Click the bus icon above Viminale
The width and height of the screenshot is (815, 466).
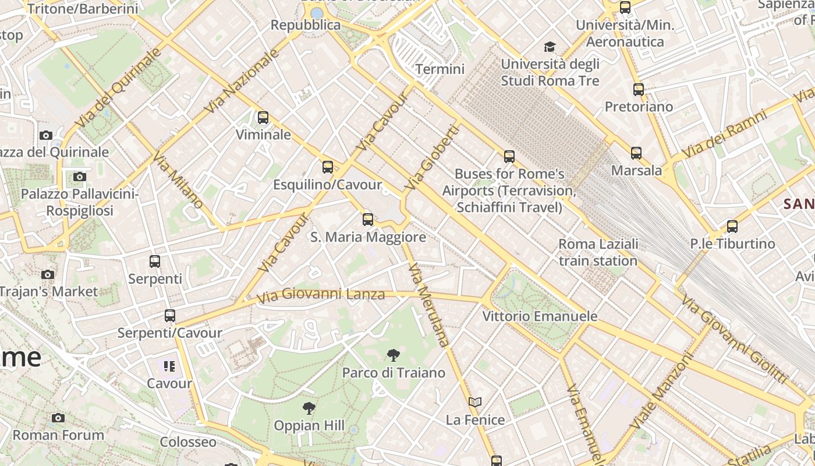pos(263,118)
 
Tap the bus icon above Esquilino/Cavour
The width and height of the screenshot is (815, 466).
pos(328,167)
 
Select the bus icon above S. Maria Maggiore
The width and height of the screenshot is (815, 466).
pos(368,220)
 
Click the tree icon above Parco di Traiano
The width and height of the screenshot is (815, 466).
pos(394,355)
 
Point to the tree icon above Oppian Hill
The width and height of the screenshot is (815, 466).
pos(309,408)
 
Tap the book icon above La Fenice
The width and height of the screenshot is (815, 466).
pos(475,402)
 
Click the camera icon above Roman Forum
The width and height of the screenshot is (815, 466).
pos(58,418)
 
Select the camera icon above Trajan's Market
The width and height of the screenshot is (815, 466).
pos(48,274)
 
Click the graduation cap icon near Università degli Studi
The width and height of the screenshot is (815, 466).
pos(550,47)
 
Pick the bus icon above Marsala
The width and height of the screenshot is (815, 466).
pos(636,153)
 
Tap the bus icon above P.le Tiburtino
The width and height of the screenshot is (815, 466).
pos(732,227)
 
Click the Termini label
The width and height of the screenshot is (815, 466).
pos(440,69)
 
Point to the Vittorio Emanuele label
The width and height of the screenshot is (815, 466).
pos(540,316)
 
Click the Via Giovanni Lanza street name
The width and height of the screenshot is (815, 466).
pos(321,295)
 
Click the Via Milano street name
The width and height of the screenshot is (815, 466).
pos(178,180)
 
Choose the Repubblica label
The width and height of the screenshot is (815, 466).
pos(306,25)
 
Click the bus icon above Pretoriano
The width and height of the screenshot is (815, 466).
pos(639,90)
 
